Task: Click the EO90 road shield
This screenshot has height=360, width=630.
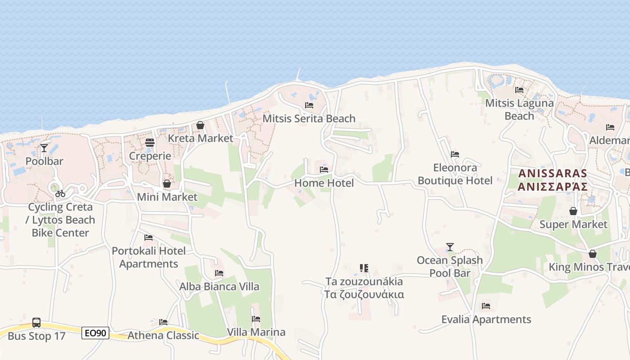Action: coord(95,333)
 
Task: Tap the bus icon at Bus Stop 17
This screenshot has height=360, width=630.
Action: coord(36,323)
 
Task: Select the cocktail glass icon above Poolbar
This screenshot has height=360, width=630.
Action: coord(44,148)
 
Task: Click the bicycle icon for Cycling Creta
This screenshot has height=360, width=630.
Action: coord(60,193)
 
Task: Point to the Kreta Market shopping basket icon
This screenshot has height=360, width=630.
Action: coord(200,125)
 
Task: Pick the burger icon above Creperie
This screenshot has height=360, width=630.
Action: coord(150,143)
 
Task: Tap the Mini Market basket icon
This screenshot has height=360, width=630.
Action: coord(167,184)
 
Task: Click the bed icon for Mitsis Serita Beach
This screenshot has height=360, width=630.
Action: coord(309,105)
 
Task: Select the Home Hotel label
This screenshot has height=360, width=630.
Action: coord(324,183)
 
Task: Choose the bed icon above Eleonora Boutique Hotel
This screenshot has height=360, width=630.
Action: coord(455,154)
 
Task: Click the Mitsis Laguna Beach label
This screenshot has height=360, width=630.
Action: coord(519,109)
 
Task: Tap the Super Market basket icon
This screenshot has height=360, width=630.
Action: coord(573,211)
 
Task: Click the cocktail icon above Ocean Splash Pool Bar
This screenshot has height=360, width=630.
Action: coord(450,247)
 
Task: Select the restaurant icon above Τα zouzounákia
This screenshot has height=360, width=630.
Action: coord(364,268)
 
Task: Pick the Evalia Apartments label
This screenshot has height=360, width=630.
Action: coord(486,319)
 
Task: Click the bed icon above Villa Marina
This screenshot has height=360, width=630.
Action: coord(256,319)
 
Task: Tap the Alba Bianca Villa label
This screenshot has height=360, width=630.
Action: coord(219,286)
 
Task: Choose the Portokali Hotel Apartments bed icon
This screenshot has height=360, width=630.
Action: coord(148,238)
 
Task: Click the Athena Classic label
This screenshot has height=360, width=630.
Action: coord(163,335)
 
